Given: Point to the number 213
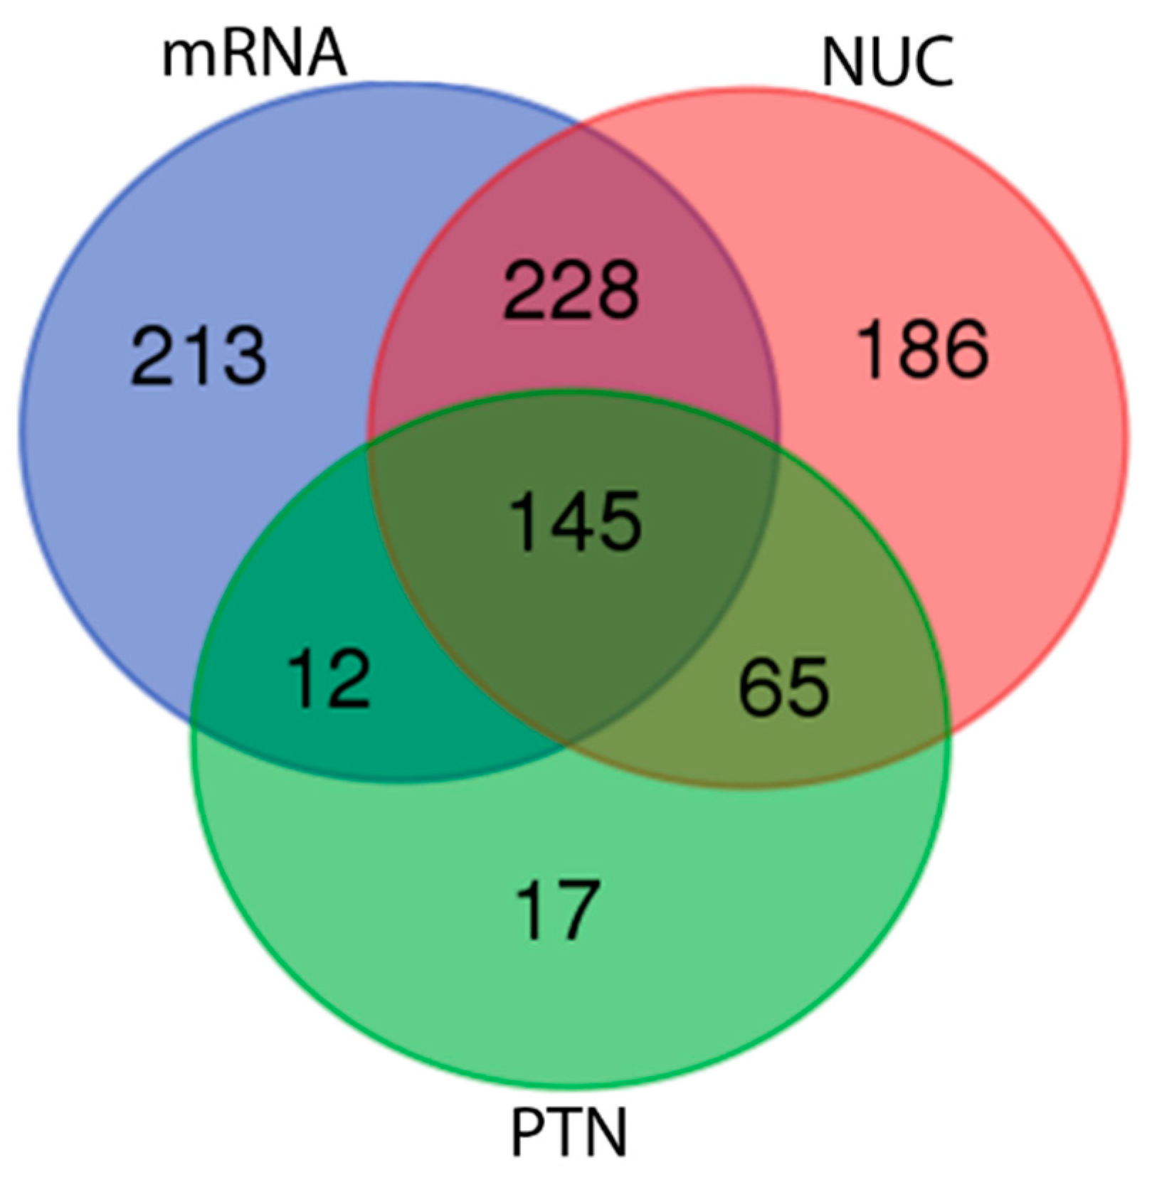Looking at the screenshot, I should point(199,355).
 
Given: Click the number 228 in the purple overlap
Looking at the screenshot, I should point(571,289).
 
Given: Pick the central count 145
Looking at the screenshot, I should point(576,521).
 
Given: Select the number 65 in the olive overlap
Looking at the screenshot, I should point(783,687).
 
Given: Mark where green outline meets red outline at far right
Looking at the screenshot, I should point(949,733).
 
